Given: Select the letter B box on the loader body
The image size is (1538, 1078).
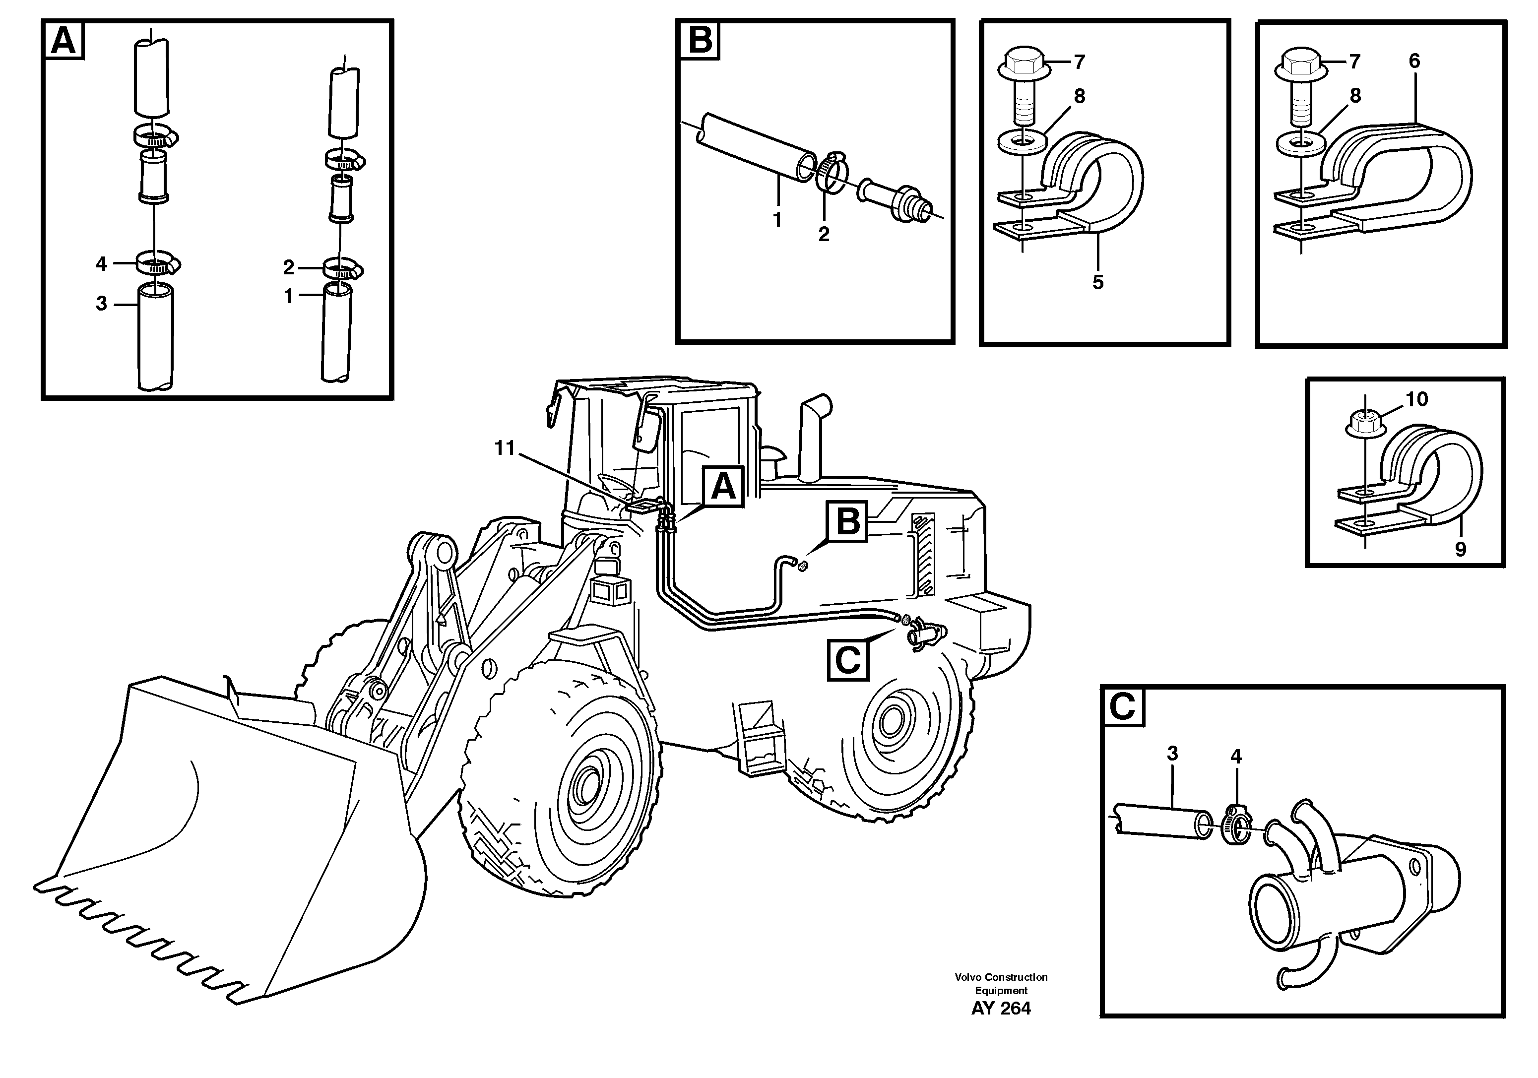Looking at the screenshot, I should (848, 521).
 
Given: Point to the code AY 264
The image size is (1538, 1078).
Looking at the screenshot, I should (1001, 1027).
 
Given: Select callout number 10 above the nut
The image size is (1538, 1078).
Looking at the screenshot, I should (1416, 399).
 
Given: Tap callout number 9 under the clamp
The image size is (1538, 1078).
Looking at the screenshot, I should (1460, 549).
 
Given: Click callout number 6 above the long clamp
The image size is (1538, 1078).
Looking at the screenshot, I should (1414, 61).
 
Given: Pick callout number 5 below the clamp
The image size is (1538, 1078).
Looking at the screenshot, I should (1097, 282).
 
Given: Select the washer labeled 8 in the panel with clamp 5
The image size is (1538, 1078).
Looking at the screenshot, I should (1019, 143).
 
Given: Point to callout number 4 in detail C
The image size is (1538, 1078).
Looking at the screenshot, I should (1236, 757).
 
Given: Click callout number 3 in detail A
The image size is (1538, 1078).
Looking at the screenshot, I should (101, 304).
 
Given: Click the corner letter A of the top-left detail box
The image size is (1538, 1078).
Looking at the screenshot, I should (64, 41).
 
